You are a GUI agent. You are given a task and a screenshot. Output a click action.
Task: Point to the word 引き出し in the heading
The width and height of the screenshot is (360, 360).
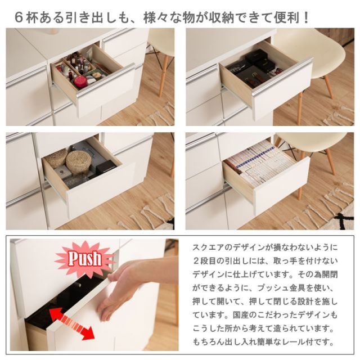click(x=84, y=16)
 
